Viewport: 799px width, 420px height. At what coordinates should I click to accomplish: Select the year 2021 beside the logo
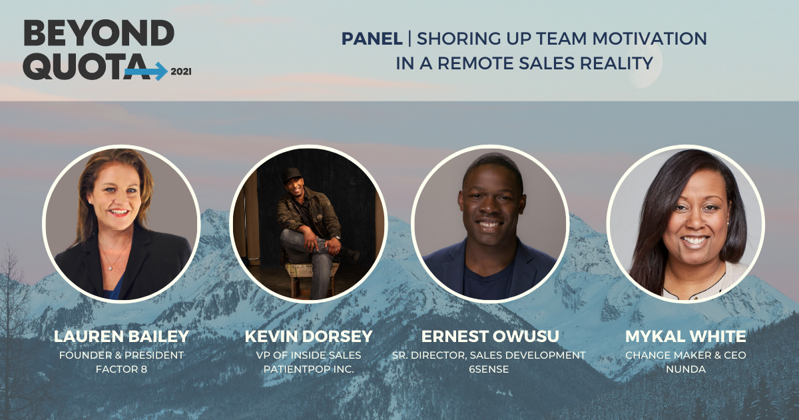180,71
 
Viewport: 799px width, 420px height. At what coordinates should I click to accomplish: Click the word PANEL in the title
372,39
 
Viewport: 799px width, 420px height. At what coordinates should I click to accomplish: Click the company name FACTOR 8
121,369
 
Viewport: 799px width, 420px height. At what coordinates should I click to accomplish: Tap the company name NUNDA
685,369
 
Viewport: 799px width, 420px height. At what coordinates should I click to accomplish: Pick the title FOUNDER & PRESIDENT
121,355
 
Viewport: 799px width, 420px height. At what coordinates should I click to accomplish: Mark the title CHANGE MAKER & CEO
685,355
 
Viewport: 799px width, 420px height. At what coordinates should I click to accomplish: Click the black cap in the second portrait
291,175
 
